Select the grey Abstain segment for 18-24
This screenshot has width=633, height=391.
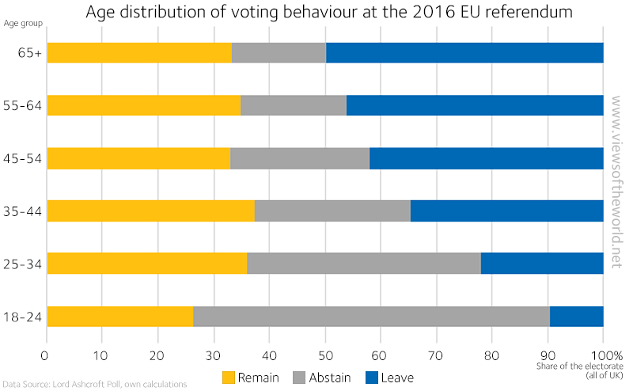[371, 316]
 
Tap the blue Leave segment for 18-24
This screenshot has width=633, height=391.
[576, 316]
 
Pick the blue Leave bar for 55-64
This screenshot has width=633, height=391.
[475, 105]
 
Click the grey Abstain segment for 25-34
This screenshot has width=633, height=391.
[363, 264]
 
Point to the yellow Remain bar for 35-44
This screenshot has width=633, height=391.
[150, 211]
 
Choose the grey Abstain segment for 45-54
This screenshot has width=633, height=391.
[300, 158]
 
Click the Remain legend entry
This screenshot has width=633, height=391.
[250, 378]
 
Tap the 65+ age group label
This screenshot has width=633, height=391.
[31, 53]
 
